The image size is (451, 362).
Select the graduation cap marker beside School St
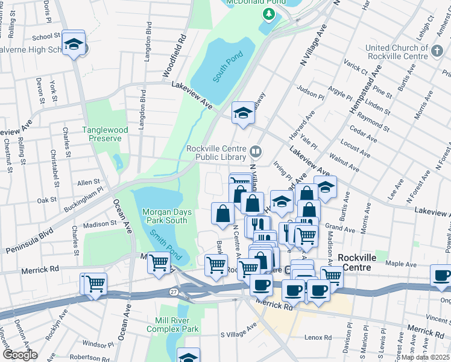74,43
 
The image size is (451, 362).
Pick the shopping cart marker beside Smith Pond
159,263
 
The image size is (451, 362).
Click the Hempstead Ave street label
366,89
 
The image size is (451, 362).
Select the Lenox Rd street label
318,337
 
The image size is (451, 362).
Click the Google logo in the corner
20,354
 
